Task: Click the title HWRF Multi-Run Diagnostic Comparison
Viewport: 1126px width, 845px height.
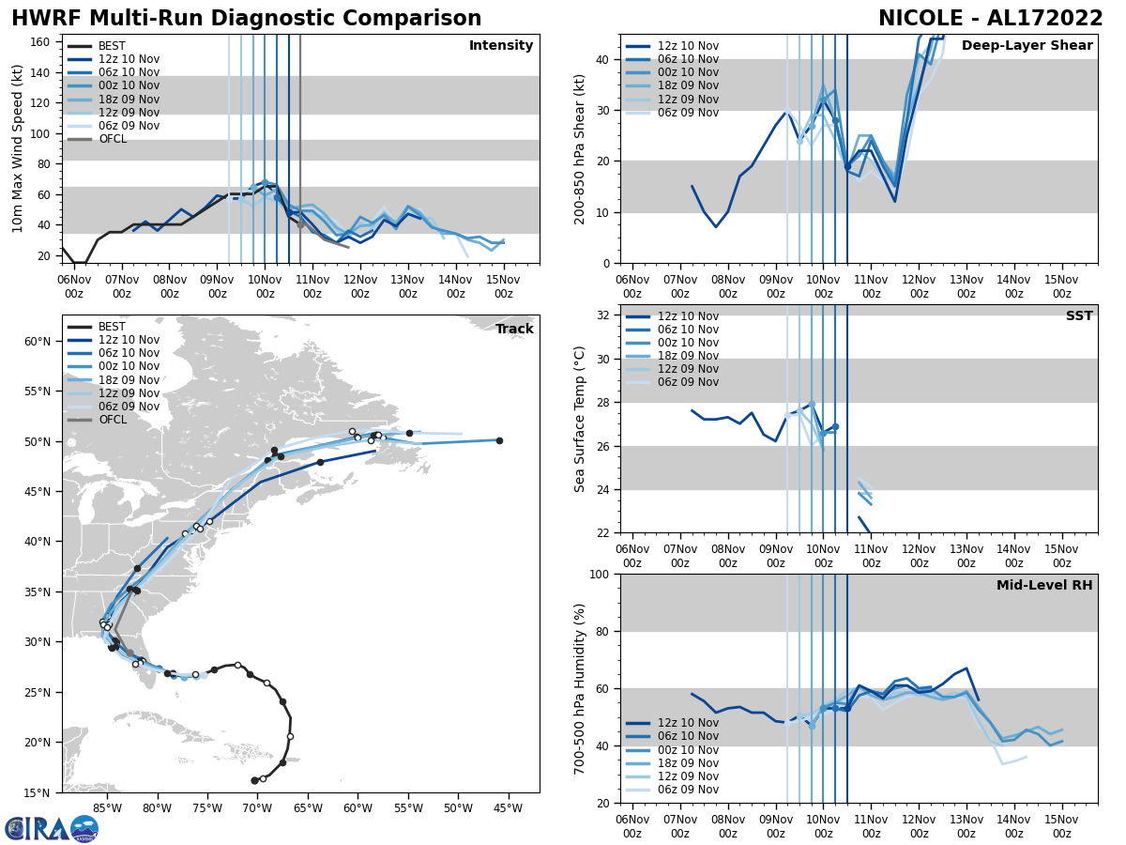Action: pyautogui.click(x=246, y=19)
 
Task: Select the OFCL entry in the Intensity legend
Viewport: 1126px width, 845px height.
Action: pyautogui.click(x=113, y=139)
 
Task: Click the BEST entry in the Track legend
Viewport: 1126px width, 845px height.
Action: pyautogui.click(x=112, y=327)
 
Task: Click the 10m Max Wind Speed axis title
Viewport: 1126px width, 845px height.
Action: pyautogui.click(x=18, y=148)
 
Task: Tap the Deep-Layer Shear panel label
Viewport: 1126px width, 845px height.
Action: pyautogui.click(x=1027, y=46)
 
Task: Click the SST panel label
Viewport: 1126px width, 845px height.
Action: pyautogui.click(x=1078, y=316)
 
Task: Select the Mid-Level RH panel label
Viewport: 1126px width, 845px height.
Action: pyautogui.click(x=1043, y=586)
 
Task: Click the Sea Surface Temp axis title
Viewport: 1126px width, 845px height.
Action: pyautogui.click(x=581, y=419)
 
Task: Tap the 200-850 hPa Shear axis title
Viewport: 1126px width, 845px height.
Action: pyautogui.click(x=581, y=148)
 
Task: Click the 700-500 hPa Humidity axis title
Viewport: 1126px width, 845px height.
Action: pyautogui.click(x=581, y=688)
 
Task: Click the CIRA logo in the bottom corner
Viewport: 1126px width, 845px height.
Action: pyautogui.click(x=52, y=828)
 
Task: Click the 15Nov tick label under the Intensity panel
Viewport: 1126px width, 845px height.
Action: pyautogui.click(x=504, y=286)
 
